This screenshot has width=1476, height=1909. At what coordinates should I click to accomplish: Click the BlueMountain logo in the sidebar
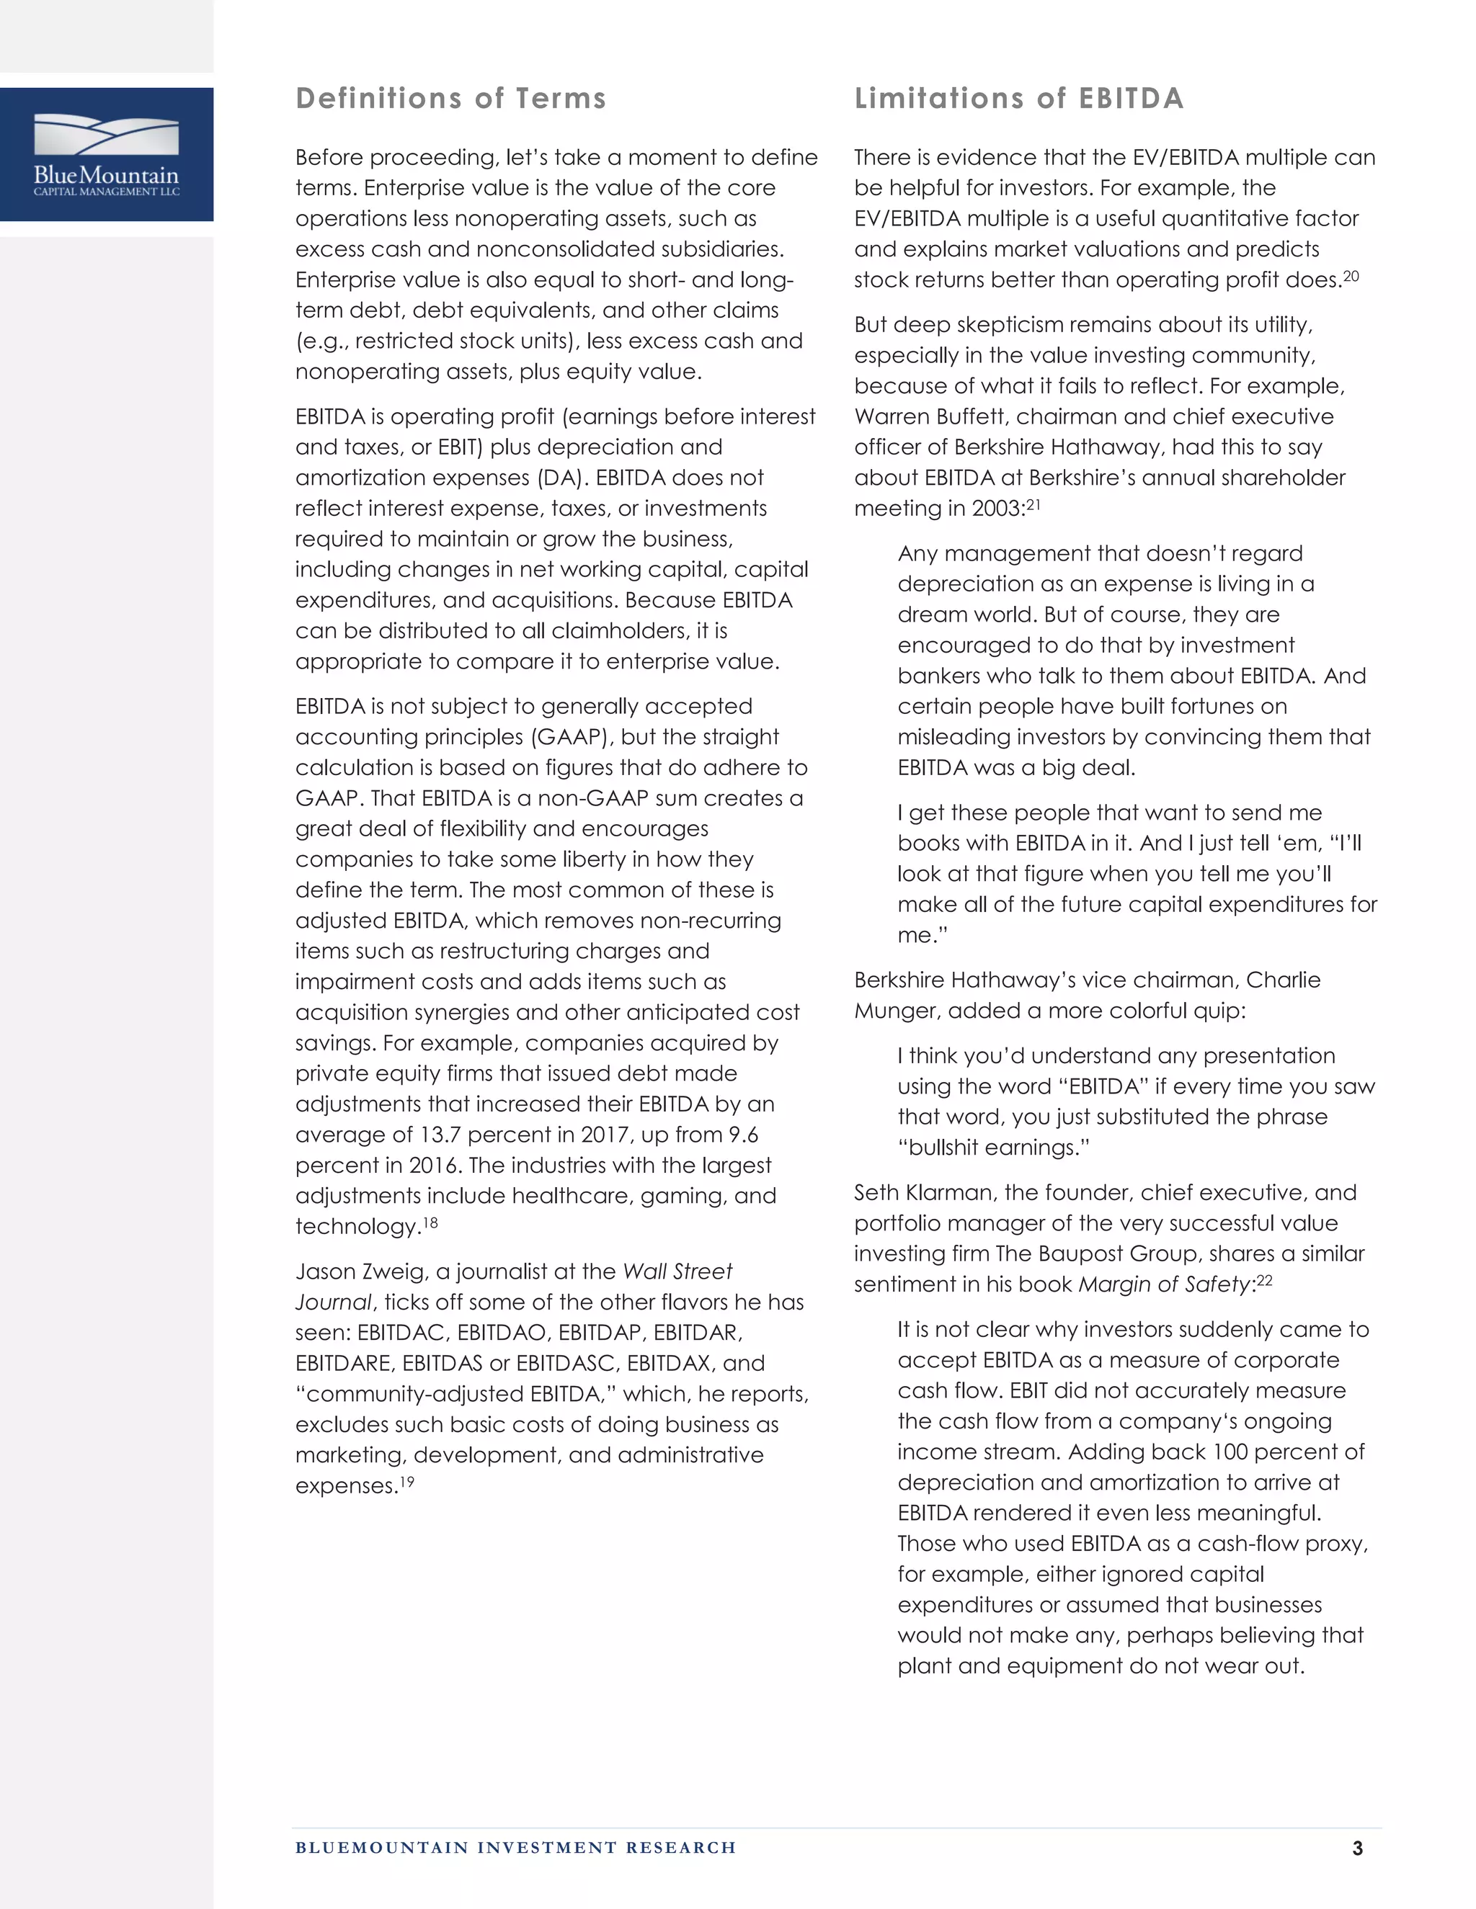coord(107,155)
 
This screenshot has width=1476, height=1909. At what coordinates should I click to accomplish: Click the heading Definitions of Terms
coord(450,98)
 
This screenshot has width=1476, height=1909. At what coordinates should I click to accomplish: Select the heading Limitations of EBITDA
coord(1018,98)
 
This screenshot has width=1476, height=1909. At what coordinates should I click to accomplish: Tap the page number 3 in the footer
coord(1357,1848)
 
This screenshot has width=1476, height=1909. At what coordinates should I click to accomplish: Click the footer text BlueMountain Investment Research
coord(515,1847)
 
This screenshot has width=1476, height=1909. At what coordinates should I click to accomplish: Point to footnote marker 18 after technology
coord(430,1222)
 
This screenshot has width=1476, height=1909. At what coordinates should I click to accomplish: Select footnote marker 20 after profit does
coord(1351,276)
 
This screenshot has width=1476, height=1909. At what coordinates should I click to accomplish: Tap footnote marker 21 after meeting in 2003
coord(1033,505)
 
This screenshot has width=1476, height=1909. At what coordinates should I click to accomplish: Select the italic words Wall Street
coord(677,1271)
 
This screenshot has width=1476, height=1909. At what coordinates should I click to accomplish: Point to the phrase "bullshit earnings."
coord(993,1148)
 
